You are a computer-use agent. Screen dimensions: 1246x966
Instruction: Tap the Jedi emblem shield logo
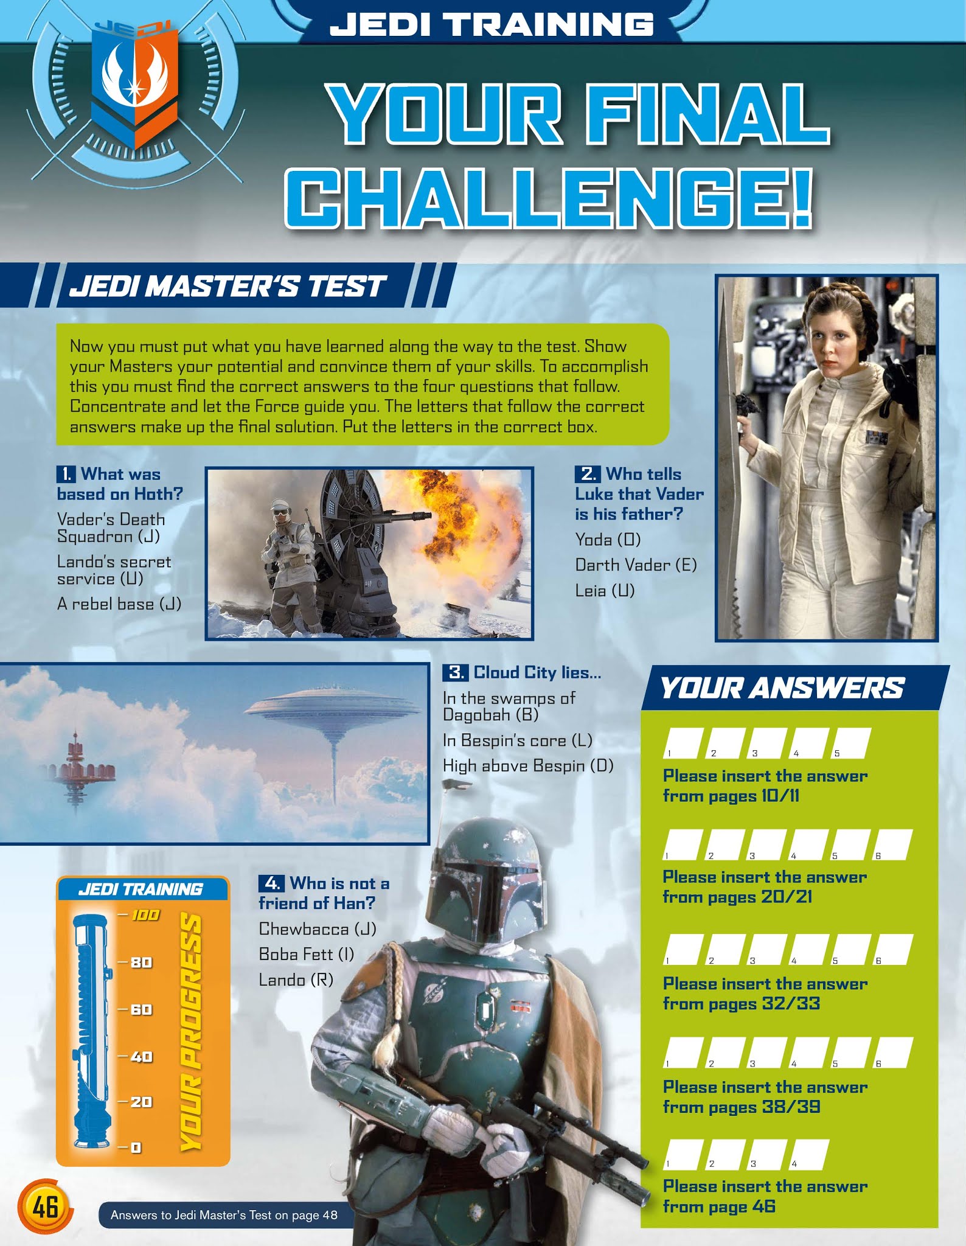pyautogui.click(x=134, y=85)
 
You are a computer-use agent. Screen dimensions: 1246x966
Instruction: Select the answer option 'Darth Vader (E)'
pyautogui.click(x=636, y=565)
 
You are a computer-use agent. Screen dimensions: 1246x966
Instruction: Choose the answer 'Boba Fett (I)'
pyautogui.click(x=306, y=954)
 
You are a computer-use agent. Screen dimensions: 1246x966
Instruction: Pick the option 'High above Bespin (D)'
pyautogui.click(x=528, y=765)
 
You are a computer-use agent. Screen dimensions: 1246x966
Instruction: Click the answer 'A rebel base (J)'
pyautogui.click(x=119, y=604)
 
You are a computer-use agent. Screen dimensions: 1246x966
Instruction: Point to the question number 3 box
pyautogui.click(x=455, y=672)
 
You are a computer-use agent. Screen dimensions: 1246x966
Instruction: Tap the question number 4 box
pyautogui.click(x=271, y=883)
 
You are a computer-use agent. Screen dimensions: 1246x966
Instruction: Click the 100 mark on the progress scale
pyautogui.click(x=145, y=915)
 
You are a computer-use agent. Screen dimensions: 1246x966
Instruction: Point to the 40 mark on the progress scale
pyautogui.click(x=141, y=1057)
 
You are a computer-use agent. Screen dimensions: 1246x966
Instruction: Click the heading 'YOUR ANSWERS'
pyautogui.click(x=782, y=689)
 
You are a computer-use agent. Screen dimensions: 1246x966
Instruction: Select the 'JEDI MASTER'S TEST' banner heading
pyautogui.click(x=228, y=286)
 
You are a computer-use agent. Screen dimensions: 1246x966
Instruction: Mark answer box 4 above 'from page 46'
pyautogui.click(x=808, y=1154)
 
